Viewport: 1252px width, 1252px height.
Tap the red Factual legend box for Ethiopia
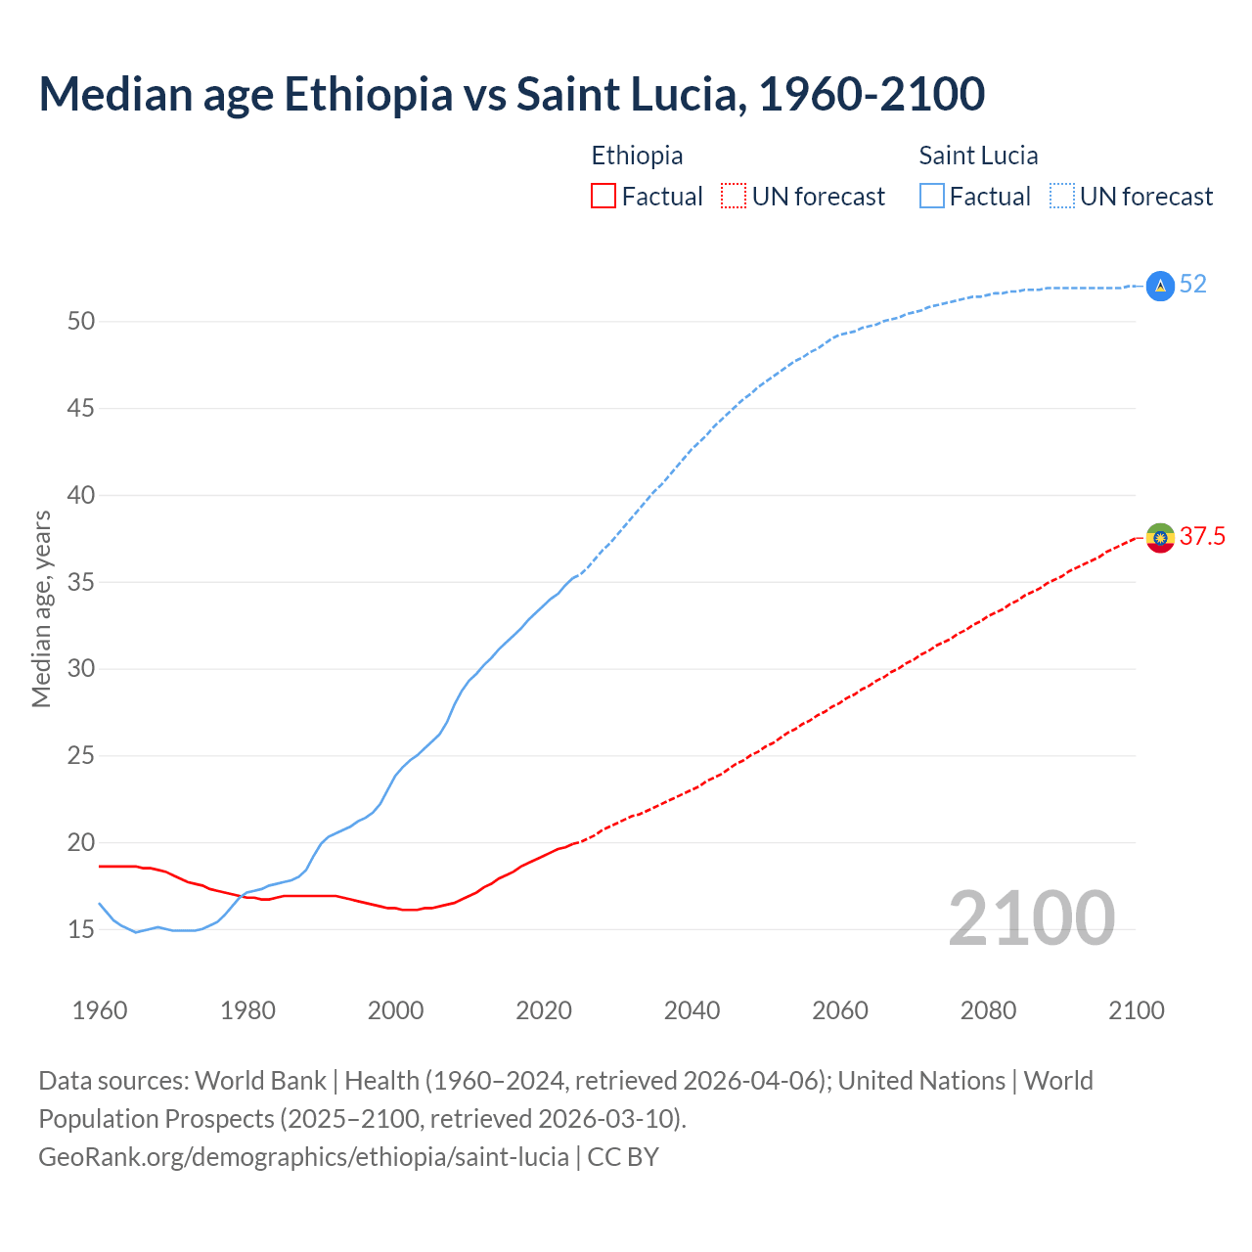point(604,197)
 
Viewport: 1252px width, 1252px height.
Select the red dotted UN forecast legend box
point(734,197)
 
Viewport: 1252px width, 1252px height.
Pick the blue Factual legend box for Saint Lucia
point(932,197)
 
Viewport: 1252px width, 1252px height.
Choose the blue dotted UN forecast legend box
point(1061,197)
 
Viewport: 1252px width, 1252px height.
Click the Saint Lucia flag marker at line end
point(1160,286)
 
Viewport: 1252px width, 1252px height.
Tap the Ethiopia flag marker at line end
point(1160,537)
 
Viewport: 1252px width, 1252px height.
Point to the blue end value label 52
point(1192,285)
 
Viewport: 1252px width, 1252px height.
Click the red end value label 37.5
point(1202,536)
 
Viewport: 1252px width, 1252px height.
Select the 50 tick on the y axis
point(80,322)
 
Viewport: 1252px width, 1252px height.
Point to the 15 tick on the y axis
point(80,930)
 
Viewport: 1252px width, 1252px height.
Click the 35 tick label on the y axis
point(80,583)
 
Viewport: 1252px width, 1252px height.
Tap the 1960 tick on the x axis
point(100,1010)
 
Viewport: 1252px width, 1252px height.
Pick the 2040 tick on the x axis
point(692,1010)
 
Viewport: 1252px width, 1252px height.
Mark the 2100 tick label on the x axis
point(1136,1010)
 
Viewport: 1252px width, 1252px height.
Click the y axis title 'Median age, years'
point(41,608)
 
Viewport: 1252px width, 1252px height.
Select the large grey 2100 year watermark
point(1031,918)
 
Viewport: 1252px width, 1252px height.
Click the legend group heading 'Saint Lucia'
point(978,156)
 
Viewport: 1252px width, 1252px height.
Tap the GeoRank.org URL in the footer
point(303,1157)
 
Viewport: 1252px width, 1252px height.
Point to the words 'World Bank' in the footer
point(260,1081)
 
